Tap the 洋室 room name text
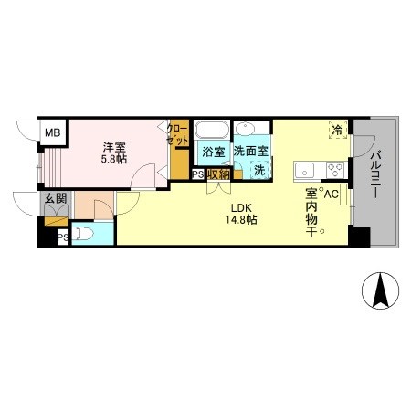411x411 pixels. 113,146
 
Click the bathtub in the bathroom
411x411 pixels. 213,130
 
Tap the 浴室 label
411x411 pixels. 213,152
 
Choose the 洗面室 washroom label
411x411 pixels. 250,152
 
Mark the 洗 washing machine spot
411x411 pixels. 259,170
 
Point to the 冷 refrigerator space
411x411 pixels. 338,131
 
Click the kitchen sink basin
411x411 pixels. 304,170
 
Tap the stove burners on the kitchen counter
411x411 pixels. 333,169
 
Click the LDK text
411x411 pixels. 241,207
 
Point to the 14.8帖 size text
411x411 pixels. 241,220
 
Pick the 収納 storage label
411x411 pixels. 218,174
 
